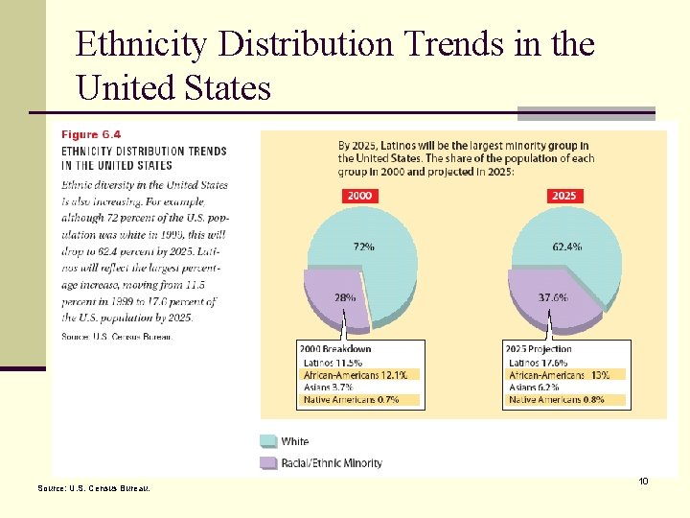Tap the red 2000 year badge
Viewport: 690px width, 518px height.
pyautogui.click(x=359, y=196)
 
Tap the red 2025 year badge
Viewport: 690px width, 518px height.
pyautogui.click(x=564, y=196)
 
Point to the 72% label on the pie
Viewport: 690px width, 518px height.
pyautogui.click(x=363, y=247)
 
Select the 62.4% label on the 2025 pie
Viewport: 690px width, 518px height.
pyautogui.click(x=566, y=247)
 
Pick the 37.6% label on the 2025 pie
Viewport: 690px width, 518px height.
pyautogui.click(x=551, y=298)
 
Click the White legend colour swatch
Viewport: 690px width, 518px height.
pyautogui.click(x=267, y=441)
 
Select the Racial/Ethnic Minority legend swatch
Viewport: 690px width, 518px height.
pyautogui.click(x=267, y=462)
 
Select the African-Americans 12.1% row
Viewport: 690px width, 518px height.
pyautogui.click(x=356, y=375)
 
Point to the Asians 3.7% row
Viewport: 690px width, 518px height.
pyautogui.click(x=328, y=387)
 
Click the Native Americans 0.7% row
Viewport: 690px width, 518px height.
pyautogui.click(x=352, y=399)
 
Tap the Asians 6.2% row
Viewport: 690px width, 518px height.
pyautogui.click(x=534, y=387)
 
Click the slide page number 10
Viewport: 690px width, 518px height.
pyautogui.click(x=643, y=481)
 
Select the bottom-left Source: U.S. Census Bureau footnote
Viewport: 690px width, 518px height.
pyautogui.click(x=93, y=488)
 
